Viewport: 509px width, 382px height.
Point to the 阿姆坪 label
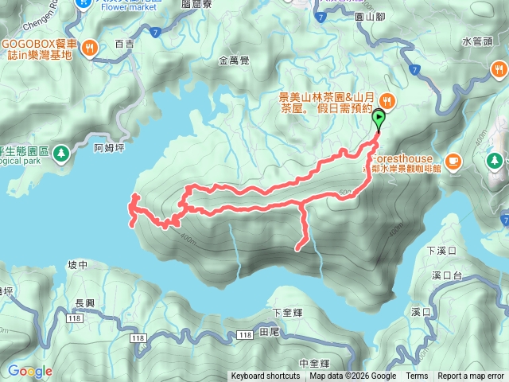109,147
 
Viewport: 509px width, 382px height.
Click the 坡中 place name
77,265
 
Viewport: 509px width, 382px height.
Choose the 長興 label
84,303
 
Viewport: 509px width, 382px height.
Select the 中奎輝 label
314,364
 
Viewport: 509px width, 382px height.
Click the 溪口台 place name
447,275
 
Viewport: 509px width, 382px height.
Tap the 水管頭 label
476,41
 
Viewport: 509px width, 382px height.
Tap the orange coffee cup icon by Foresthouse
453,161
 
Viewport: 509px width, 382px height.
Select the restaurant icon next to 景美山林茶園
387,100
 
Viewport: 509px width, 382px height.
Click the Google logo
30,371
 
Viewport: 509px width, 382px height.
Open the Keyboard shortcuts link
266,376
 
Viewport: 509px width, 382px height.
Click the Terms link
417,376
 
